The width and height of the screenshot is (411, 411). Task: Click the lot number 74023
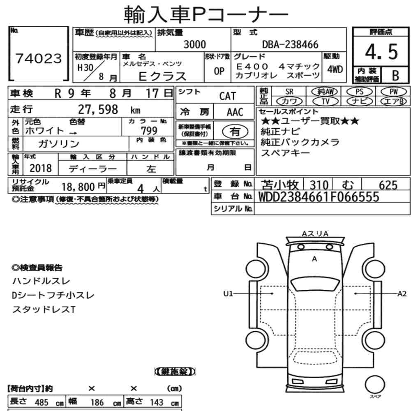(x=39, y=58)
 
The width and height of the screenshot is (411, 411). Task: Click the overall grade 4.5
(x=381, y=52)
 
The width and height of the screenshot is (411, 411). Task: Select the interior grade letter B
(x=395, y=76)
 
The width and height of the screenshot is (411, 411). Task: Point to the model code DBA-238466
(x=290, y=44)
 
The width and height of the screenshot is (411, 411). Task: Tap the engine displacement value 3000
(x=195, y=44)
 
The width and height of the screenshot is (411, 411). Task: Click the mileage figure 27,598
(x=98, y=109)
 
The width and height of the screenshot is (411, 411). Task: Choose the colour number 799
(x=149, y=131)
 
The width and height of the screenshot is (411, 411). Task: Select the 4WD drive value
(x=335, y=69)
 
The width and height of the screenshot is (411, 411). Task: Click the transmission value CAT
(x=228, y=96)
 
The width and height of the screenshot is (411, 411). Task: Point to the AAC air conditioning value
(x=235, y=112)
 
